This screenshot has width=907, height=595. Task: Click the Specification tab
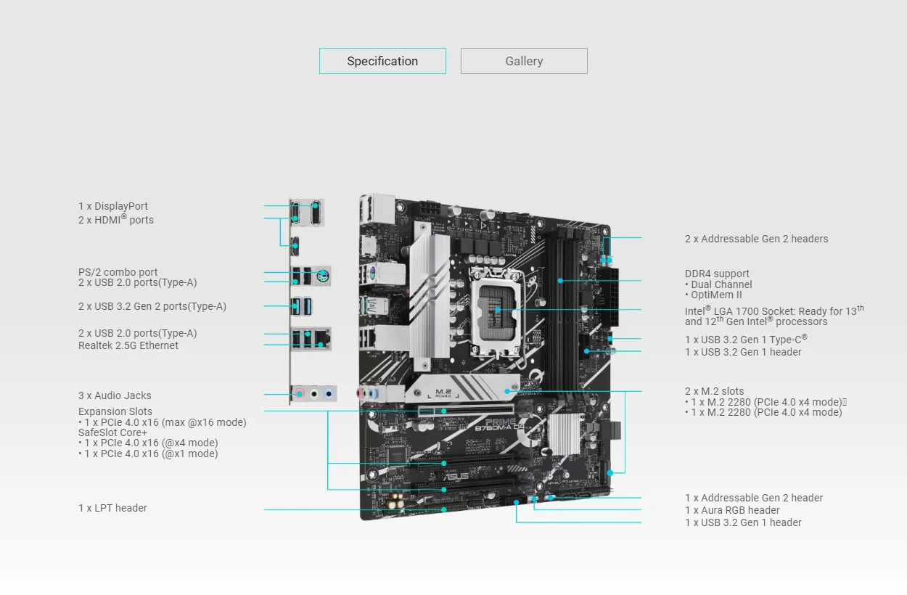tap(382, 61)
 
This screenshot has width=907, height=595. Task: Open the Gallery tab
tap(524, 61)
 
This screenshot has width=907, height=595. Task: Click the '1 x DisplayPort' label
tap(113, 206)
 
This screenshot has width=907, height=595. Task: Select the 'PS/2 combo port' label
tap(118, 272)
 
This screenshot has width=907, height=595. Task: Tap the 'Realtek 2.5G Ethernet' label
tap(128, 345)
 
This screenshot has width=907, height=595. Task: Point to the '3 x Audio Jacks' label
tap(115, 395)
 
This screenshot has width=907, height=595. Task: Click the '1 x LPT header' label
tap(112, 508)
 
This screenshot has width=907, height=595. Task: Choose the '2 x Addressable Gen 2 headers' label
tap(756, 239)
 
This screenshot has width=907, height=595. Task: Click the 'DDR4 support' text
tap(717, 274)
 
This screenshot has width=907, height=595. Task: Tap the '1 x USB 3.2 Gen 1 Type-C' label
tap(746, 339)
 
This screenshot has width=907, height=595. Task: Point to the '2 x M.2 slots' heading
tap(714, 391)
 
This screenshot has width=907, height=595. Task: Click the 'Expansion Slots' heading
tap(115, 411)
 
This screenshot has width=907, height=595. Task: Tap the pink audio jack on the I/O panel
tap(300, 394)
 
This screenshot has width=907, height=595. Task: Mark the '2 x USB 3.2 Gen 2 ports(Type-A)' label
tap(152, 306)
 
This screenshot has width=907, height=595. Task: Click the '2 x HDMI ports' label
tap(116, 220)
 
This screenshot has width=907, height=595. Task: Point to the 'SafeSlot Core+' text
tap(112, 432)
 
